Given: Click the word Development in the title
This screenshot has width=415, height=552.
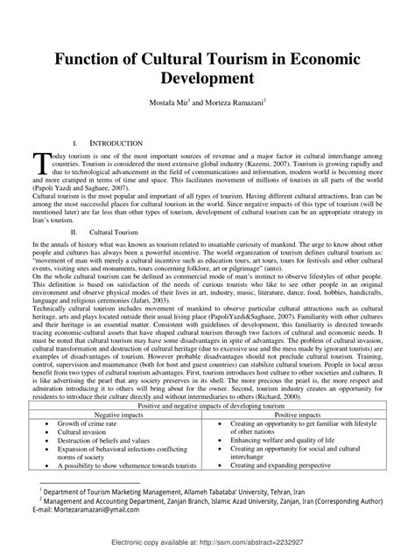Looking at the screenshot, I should point(207,78).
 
